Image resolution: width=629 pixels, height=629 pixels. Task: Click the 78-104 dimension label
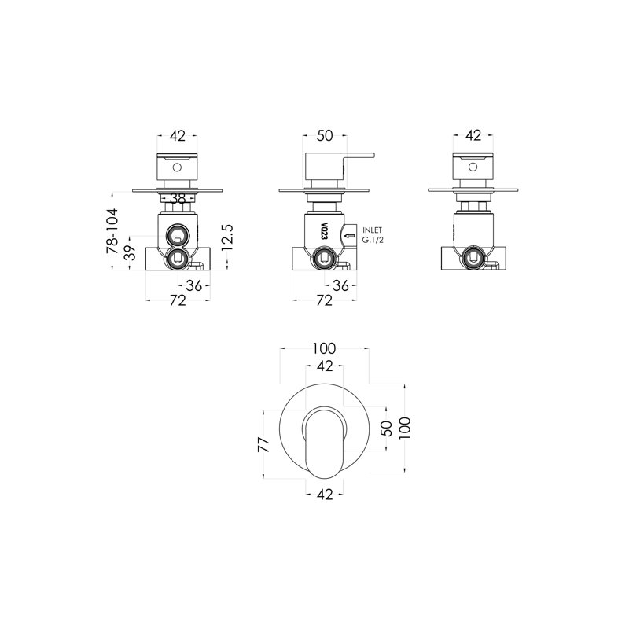pyautogui.click(x=112, y=230)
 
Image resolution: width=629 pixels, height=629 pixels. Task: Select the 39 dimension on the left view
pyautogui.click(x=131, y=253)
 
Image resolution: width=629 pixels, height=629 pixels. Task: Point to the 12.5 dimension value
pyautogui.click(x=227, y=237)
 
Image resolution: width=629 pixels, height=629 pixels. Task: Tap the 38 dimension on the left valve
pyautogui.click(x=178, y=198)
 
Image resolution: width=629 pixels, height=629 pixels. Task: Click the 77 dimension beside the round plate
pyautogui.click(x=264, y=444)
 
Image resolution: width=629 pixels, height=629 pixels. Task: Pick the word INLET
pyautogui.click(x=372, y=230)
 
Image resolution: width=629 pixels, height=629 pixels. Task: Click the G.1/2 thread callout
pyautogui.click(x=373, y=241)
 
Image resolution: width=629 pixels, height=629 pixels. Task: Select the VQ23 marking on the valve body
pyautogui.click(x=325, y=231)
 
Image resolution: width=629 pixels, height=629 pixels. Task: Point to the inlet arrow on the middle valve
pyautogui.click(x=350, y=235)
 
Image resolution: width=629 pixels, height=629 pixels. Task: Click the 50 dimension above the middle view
pyautogui.click(x=325, y=136)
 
